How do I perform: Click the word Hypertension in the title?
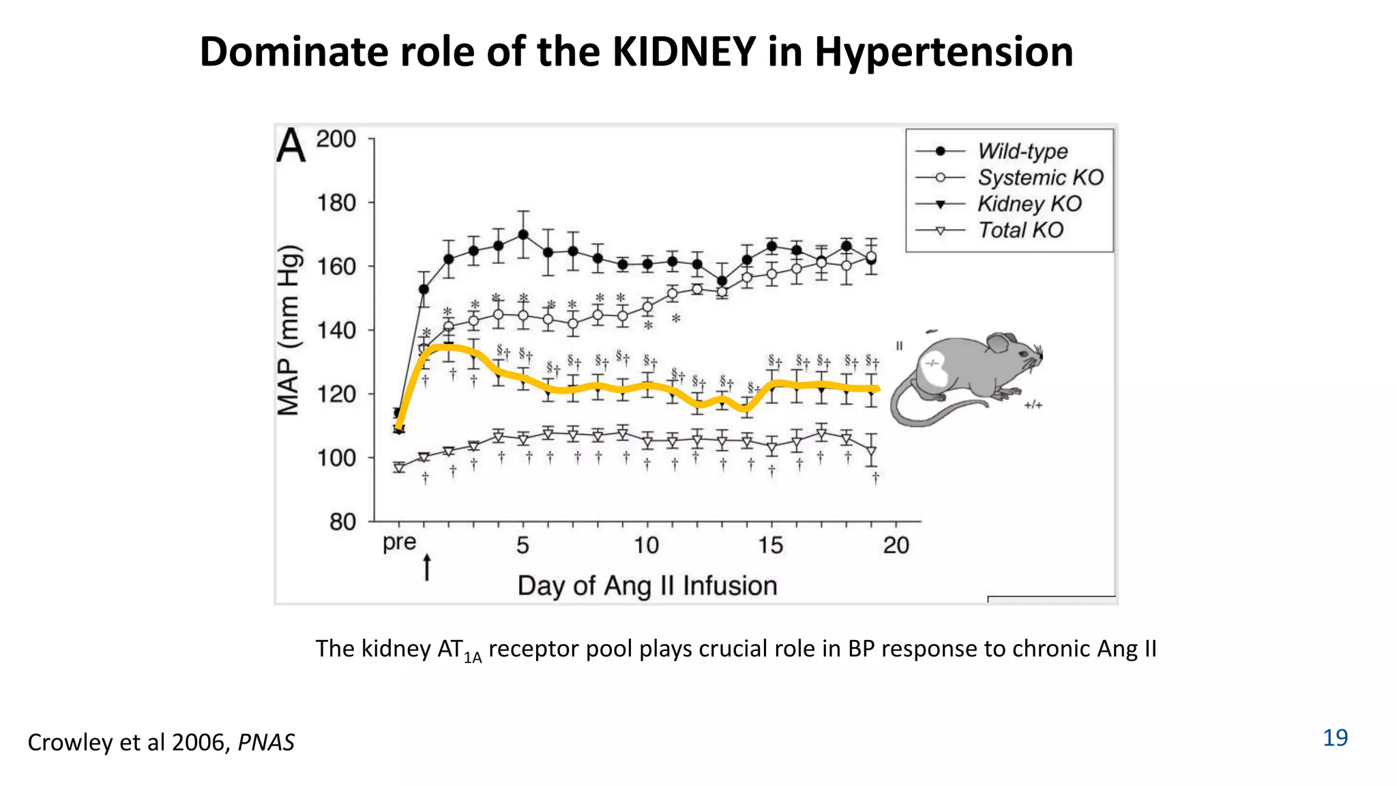click(x=943, y=53)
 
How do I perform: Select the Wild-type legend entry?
click(x=1022, y=151)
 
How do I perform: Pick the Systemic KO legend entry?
click(x=1040, y=177)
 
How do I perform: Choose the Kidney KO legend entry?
click(x=1029, y=203)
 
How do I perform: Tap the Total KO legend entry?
click(x=1020, y=230)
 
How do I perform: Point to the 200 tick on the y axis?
click(x=336, y=139)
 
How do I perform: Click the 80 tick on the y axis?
click(x=342, y=522)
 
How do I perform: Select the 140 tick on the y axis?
click(x=336, y=330)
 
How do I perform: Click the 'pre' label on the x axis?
click(x=399, y=543)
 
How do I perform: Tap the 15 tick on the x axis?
click(x=771, y=545)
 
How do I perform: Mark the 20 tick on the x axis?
click(x=896, y=545)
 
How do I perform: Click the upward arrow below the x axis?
click(x=427, y=567)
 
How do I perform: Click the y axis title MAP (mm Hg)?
click(x=289, y=330)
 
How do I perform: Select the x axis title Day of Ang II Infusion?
click(x=647, y=585)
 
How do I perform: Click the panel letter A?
click(x=291, y=146)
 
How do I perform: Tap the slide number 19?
click(x=1335, y=738)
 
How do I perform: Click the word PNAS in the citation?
click(x=266, y=742)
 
